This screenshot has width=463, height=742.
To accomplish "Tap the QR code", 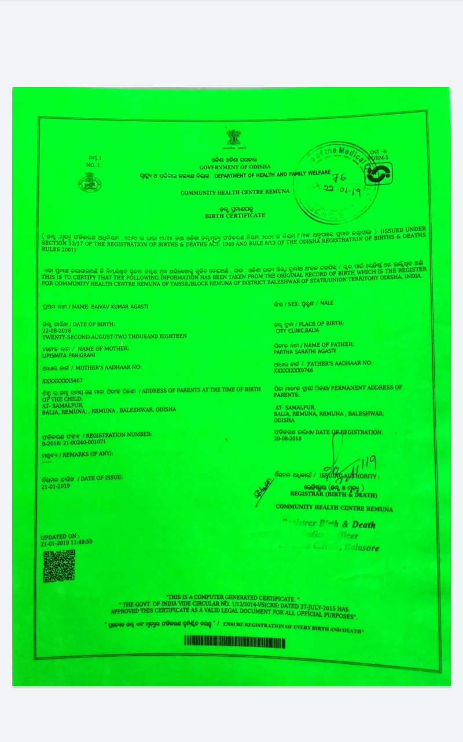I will tap(58, 566).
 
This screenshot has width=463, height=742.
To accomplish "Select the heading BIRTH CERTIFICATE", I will tap(235, 215).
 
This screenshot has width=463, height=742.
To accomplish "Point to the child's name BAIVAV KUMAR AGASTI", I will tap(96, 306).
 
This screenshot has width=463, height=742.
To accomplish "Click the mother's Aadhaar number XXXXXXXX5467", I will tap(63, 381).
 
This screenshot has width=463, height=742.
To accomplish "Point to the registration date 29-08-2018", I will tap(288, 439).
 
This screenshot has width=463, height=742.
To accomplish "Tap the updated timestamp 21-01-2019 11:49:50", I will tap(67, 542).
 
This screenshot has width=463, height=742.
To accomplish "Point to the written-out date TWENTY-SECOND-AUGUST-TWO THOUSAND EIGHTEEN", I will tap(115, 336).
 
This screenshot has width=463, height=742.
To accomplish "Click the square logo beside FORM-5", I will tap(379, 173).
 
